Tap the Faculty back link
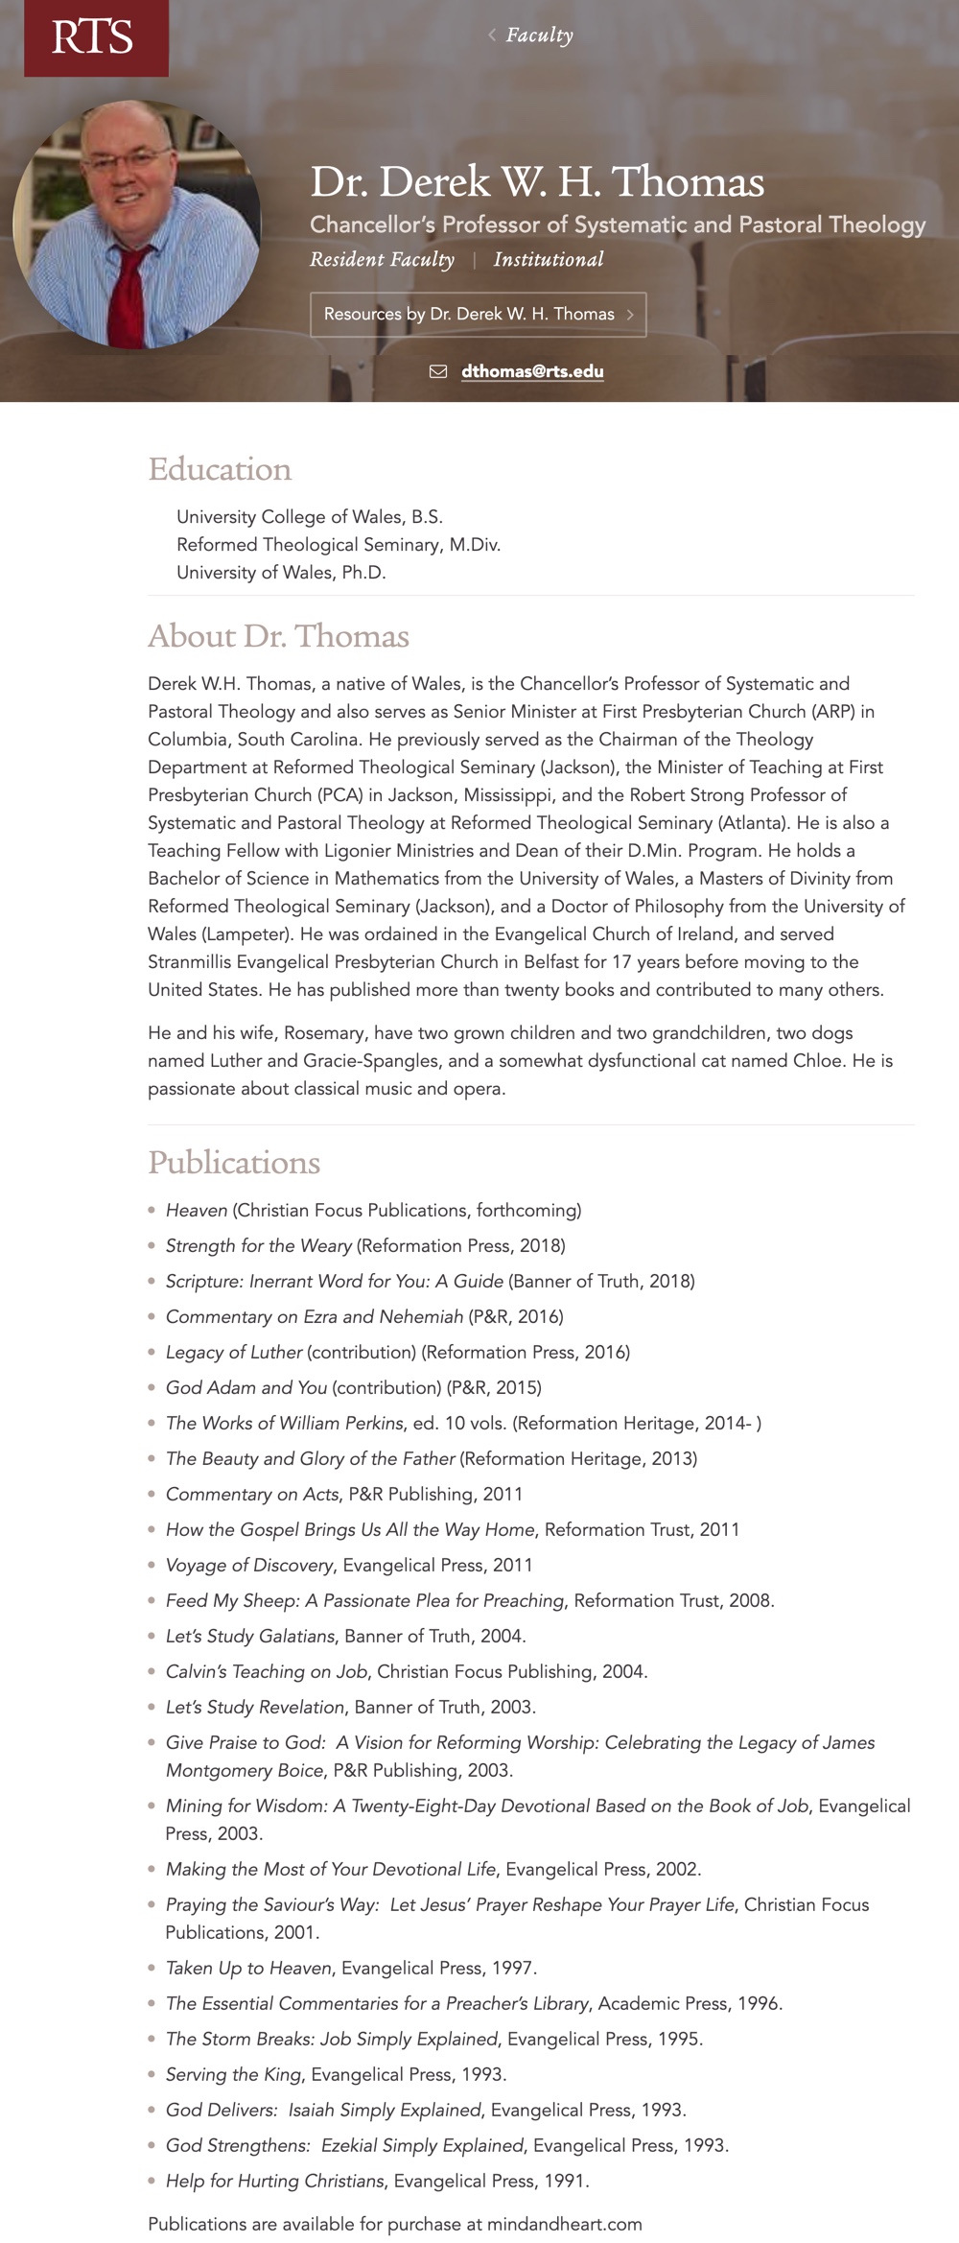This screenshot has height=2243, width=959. [538, 35]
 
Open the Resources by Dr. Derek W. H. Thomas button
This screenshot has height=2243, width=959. [478, 315]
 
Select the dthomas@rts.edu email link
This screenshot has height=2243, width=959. [532, 371]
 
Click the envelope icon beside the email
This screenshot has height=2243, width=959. [438, 371]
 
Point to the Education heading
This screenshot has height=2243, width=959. [220, 469]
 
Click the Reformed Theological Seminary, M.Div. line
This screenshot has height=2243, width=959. [339, 545]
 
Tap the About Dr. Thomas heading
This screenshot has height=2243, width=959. [278, 636]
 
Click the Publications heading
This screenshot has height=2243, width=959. [234, 1162]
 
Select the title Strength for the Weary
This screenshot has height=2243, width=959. [259, 1245]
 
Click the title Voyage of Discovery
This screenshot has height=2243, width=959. [249, 1565]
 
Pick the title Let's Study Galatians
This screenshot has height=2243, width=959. [250, 1636]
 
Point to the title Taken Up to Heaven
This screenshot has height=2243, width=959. [248, 1968]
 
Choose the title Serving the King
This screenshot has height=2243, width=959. [234, 2074]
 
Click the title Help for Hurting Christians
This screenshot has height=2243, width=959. [275, 2181]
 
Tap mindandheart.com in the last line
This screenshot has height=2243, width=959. [564, 2224]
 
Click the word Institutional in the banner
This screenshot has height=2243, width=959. [549, 260]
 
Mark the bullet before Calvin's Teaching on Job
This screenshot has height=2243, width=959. [152, 1671]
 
